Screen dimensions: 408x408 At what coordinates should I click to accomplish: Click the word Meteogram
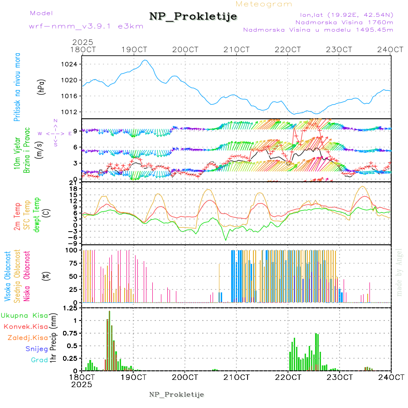click(x=264, y=4)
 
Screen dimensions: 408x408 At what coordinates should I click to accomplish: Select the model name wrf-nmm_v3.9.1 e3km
click(x=80, y=26)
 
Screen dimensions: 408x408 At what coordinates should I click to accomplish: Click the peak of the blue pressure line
click(x=145, y=60)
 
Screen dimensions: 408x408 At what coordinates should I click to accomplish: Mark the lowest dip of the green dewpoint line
click(x=225, y=240)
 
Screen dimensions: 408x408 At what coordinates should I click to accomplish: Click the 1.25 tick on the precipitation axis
click(x=69, y=308)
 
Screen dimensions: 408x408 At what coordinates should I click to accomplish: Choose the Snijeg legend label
click(x=36, y=349)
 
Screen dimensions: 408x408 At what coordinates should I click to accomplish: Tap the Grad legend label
click(x=39, y=360)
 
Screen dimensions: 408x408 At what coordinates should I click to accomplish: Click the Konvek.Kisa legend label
click(x=26, y=326)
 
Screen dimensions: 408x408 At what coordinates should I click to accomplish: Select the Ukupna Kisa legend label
click(x=24, y=315)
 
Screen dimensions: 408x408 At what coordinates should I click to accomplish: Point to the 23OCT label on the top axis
click(x=340, y=49)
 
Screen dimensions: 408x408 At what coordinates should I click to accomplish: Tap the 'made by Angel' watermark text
click(x=399, y=272)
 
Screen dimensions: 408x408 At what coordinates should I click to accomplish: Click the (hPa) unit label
click(x=41, y=87)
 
